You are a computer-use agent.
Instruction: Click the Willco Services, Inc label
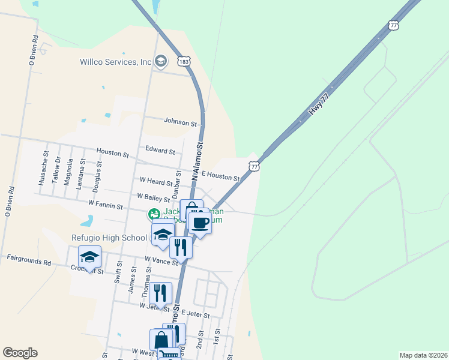(116, 62)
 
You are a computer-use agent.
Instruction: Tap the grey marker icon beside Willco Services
(160, 61)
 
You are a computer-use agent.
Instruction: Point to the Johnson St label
(181, 123)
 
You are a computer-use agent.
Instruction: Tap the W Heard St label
(155, 180)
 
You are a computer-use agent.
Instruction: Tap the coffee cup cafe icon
(201, 223)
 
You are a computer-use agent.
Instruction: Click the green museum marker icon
(154, 214)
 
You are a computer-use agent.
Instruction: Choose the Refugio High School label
(109, 238)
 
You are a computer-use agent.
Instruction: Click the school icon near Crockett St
(89, 257)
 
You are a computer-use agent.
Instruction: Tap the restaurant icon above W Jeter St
(160, 293)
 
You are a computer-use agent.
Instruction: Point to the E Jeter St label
(197, 314)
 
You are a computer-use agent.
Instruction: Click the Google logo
(20, 353)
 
